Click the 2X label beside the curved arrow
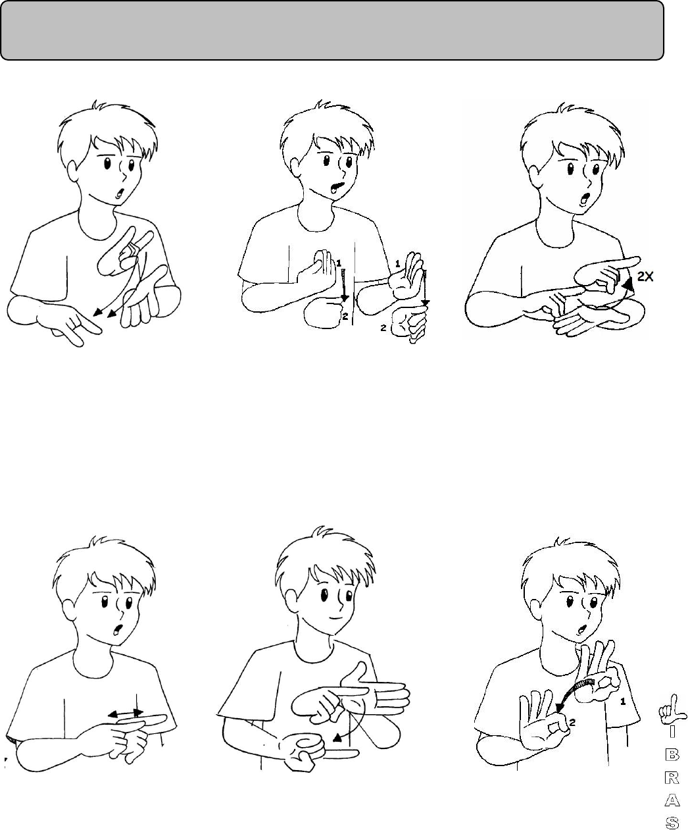645,276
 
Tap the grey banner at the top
332,30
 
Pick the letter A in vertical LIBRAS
672,806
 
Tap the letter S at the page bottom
672,823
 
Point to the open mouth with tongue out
337,186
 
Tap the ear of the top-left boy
73,172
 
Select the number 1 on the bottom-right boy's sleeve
622,702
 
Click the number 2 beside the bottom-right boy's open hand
572,722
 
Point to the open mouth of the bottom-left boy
118,630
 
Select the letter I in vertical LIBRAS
672,742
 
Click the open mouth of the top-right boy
584,198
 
